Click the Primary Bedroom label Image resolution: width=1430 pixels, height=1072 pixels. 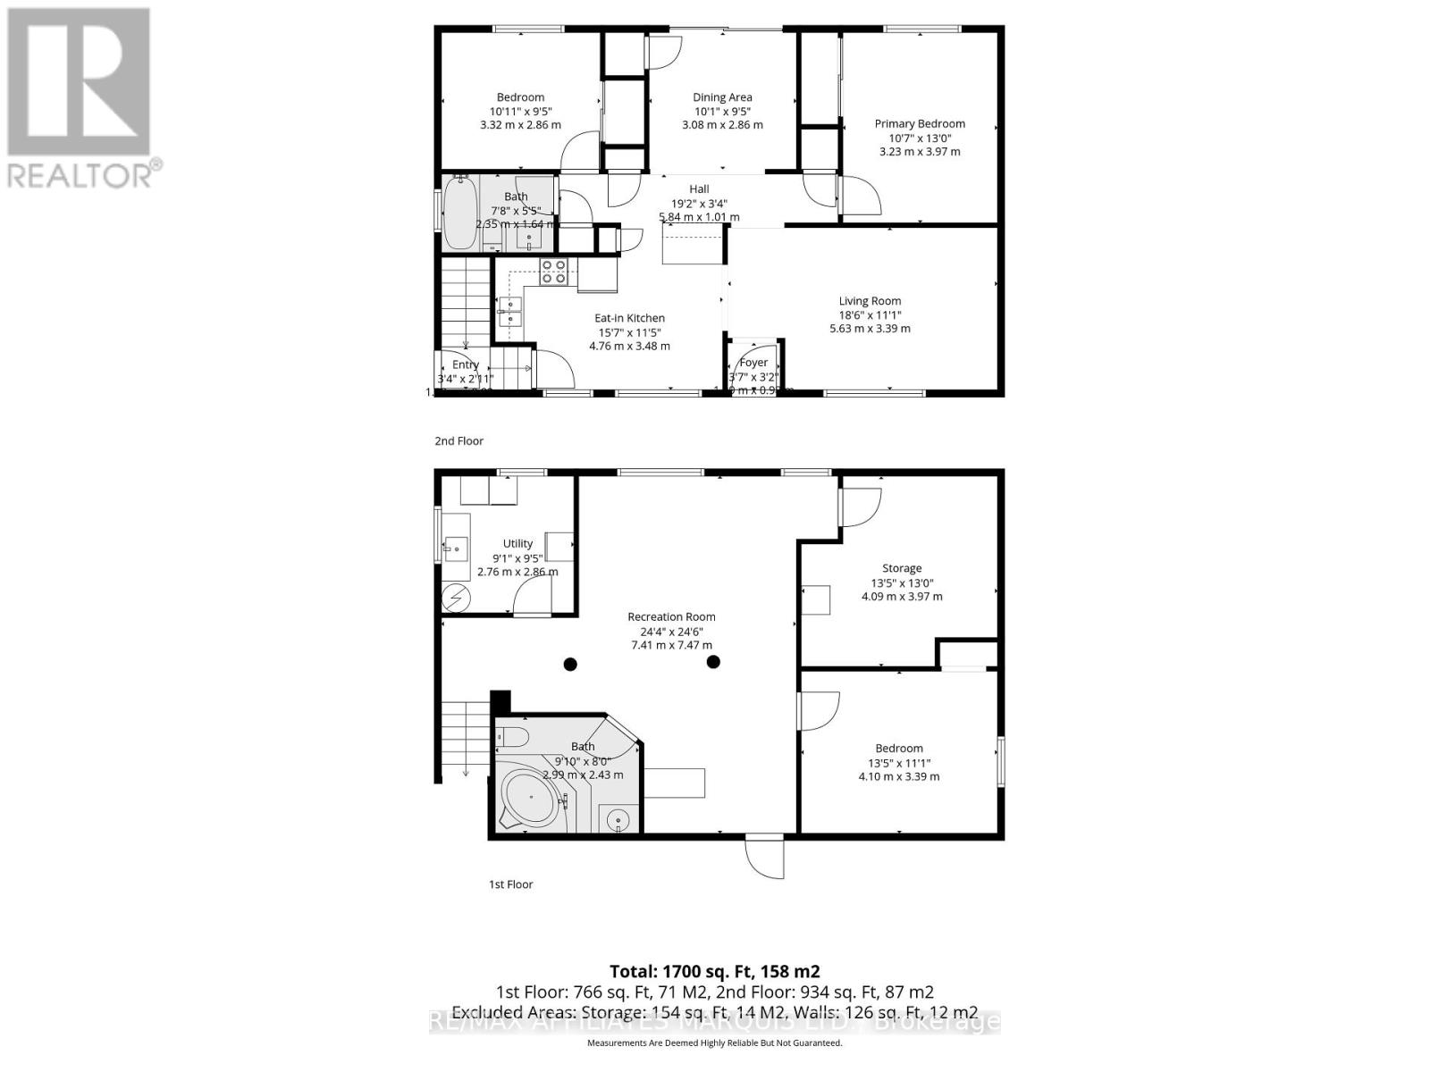pyautogui.click(x=920, y=124)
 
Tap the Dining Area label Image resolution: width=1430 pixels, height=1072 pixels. pyautogui.click(x=722, y=97)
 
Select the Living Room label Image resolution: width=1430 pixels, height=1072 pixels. pyautogui.click(x=870, y=301)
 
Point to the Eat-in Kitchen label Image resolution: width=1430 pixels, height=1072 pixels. pyautogui.click(x=629, y=318)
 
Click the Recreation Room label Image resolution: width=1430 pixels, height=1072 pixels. pyautogui.click(x=671, y=616)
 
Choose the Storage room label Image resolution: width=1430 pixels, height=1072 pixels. pyautogui.click(x=901, y=568)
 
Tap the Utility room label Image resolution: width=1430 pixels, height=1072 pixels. pyautogui.click(x=517, y=543)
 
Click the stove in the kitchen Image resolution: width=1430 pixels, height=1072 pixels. pyautogui.click(x=553, y=271)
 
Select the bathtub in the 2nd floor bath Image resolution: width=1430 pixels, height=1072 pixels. pyautogui.click(x=461, y=213)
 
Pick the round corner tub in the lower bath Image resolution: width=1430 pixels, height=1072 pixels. pyautogui.click(x=530, y=798)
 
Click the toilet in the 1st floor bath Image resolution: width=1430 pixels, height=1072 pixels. pyautogui.click(x=512, y=737)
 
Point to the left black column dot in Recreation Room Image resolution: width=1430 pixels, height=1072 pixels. pyautogui.click(x=570, y=663)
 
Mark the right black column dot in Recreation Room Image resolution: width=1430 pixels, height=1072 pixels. pyautogui.click(x=713, y=662)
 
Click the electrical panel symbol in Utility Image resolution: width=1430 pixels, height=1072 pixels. pyautogui.click(x=456, y=597)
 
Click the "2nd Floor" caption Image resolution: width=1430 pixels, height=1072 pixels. pyautogui.click(x=458, y=440)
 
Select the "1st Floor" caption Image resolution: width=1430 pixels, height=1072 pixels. pyautogui.click(x=510, y=884)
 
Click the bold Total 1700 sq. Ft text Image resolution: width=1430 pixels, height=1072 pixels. pyautogui.click(x=714, y=971)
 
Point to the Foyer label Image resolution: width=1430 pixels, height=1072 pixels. pyautogui.click(x=753, y=363)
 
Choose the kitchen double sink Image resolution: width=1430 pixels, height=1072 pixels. pyautogui.click(x=511, y=311)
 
